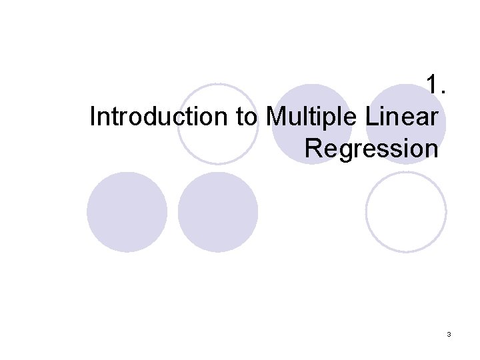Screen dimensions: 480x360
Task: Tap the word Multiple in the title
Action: [313, 117]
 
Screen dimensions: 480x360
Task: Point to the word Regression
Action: [371, 148]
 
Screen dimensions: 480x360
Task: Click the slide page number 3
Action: [449, 333]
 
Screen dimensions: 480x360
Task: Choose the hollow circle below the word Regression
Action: [406, 212]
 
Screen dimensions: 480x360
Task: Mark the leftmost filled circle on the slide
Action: [127, 212]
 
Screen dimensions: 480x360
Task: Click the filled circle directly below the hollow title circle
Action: [218, 212]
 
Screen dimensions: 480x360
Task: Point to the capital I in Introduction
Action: [92, 117]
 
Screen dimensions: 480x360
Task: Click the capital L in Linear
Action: [371, 117]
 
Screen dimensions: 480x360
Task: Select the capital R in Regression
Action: [312, 148]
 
